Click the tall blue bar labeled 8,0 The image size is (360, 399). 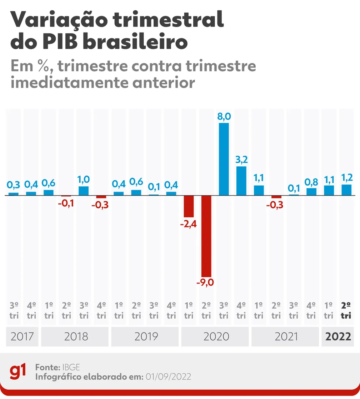[x=224, y=159]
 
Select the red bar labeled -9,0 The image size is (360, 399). [x=206, y=236]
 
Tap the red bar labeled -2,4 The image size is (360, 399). [x=189, y=206]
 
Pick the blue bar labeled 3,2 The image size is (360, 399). [x=241, y=181]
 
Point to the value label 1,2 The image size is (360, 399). [x=347, y=178]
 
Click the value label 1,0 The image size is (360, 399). [x=83, y=179]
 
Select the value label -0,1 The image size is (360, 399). [x=66, y=203]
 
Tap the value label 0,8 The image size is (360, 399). [x=311, y=182]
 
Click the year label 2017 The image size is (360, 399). [x=22, y=336]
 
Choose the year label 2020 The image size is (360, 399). [x=216, y=336]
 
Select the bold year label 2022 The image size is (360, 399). [x=338, y=336]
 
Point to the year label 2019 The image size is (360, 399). [x=146, y=336]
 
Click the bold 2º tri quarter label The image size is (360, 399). [x=346, y=310]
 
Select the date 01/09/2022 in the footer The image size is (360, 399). [x=168, y=376]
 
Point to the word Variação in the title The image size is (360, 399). [x=59, y=20]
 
